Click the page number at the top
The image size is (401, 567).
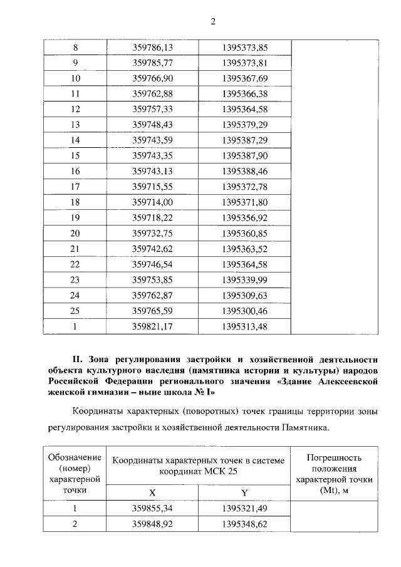point(212,23)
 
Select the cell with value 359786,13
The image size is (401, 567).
point(154,48)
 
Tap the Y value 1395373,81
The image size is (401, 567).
point(244,63)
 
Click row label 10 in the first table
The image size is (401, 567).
point(76,79)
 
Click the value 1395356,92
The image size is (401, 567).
point(244,218)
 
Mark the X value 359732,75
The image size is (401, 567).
point(154,233)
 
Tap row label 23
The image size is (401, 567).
point(76,279)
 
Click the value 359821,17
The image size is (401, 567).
point(154,326)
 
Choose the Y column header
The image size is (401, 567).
point(244,493)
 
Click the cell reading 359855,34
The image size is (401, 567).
point(154,509)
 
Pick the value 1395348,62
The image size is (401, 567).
point(244,525)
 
